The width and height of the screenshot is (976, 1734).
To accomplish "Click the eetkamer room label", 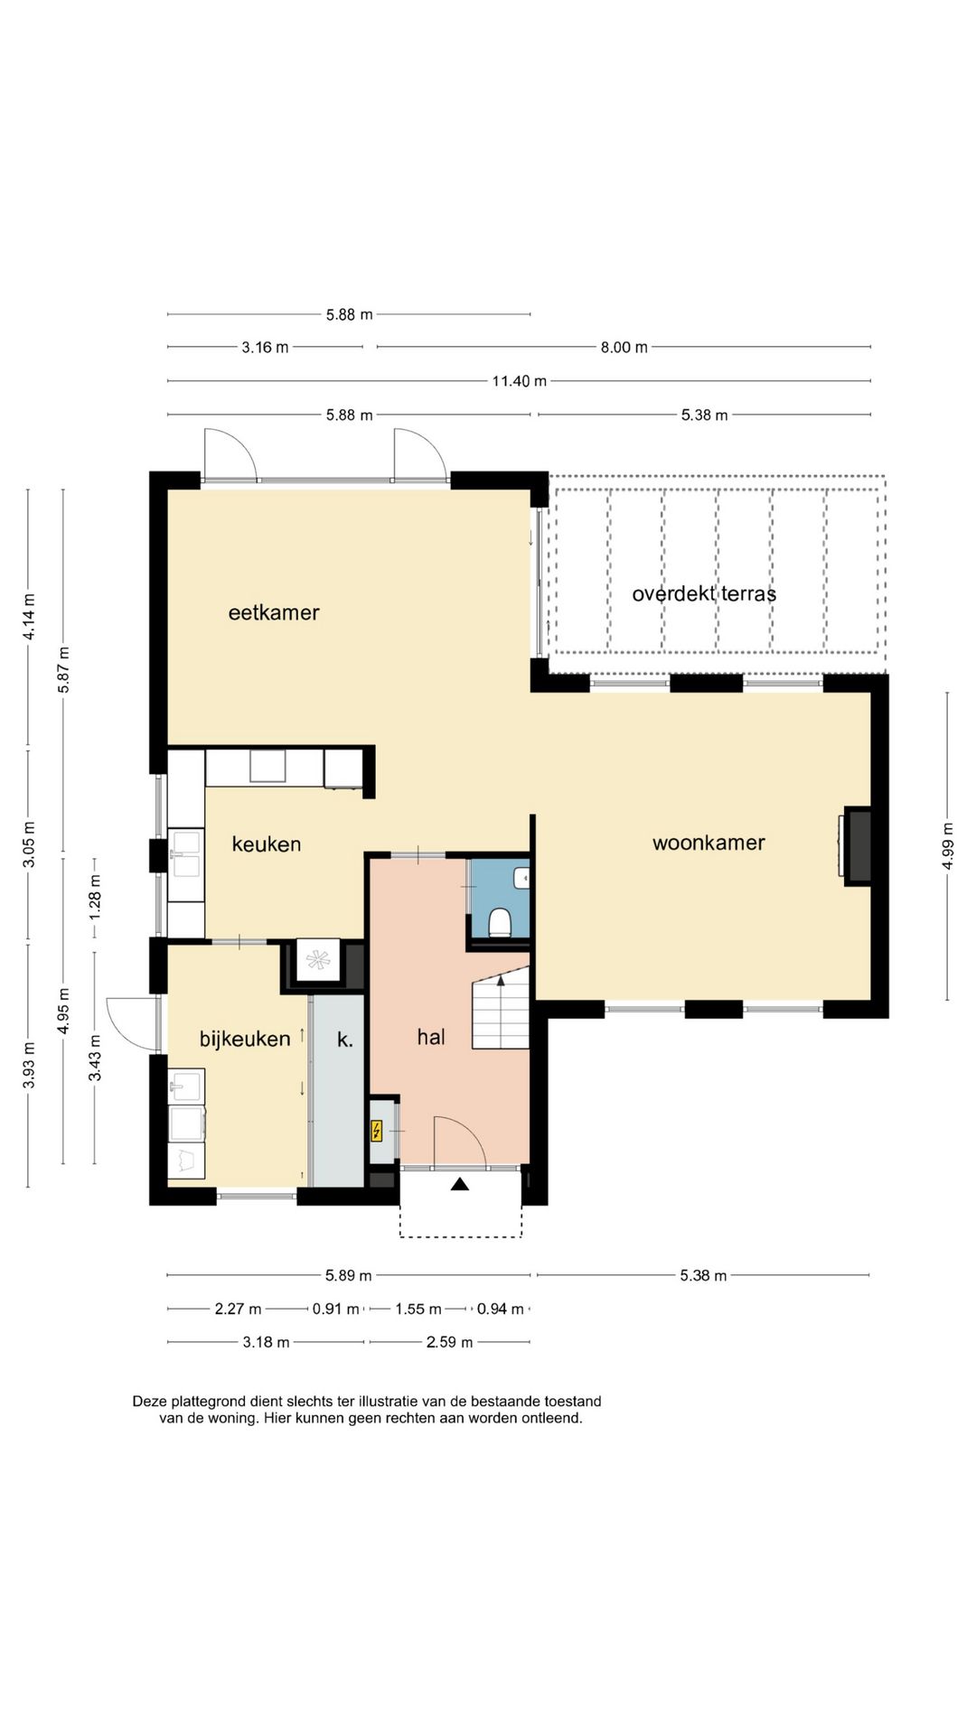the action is tap(274, 612).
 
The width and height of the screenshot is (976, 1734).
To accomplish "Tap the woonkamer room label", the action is tap(709, 843).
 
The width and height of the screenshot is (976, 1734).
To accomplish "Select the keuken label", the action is tap(267, 844).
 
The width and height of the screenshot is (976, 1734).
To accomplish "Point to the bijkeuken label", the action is tap(245, 1039).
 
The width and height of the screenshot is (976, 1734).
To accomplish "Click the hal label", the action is tap(431, 1037).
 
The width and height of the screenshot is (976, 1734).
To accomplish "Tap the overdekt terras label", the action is tap(704, 593).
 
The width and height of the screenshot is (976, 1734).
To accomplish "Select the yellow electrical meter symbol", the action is tap(377, 1131).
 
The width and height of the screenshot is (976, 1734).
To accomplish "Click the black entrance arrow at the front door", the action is tap(460, 1184).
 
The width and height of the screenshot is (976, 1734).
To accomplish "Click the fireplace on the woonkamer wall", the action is tap(858, 845).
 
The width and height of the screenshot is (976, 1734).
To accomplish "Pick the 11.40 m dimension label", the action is tap(519, 381).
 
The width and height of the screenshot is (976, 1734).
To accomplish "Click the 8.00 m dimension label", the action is tap(624, 347).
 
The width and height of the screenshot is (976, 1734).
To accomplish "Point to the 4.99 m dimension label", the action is tap(947, 846).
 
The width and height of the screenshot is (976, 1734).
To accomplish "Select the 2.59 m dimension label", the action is tap(449, 1342).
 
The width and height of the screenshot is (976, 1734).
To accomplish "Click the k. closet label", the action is tap(345, 1039).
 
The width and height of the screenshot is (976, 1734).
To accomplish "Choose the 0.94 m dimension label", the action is tap(500, 1309).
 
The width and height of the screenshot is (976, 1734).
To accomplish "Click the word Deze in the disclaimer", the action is tap(150, 1402).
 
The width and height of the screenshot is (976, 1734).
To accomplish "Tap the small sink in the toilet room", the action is tap(521, 877).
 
